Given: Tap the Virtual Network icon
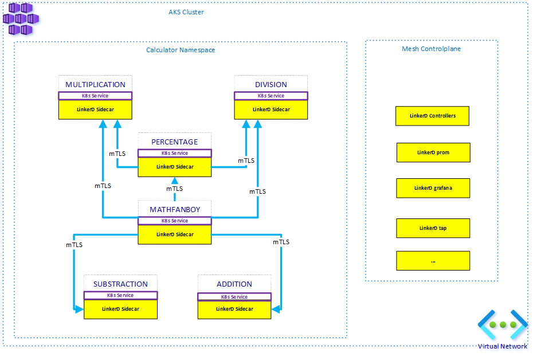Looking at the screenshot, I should click(x=503, y=324).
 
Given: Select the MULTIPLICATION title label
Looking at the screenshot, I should click(x=96, y=84).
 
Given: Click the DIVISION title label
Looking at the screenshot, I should click(x=271, y=84).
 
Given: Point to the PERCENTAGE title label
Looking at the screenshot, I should click(x=175, y=142).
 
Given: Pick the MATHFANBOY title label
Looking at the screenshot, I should click(x=175, y=209).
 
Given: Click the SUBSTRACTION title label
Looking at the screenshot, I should click(x=120, y=284).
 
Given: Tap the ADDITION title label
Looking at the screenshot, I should click(x=234, y=284).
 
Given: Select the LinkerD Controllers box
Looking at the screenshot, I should click(x=433, y=116).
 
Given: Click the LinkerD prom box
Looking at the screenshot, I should click(x=433, y=152).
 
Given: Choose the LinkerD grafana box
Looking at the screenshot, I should click(x=433, y=188).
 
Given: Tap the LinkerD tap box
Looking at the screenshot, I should click(x=433, y=228).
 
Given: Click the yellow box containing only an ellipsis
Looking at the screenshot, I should click(x=433, y=261).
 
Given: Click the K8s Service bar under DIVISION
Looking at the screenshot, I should click(x=271, y=96).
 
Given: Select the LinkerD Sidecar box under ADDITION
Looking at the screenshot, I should click(x=234, y=310).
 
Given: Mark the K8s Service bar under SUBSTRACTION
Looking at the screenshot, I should click(x=120, y=295).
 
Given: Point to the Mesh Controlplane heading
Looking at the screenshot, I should click(x=431, y=49).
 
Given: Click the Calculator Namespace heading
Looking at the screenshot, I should click(x=181, y=50).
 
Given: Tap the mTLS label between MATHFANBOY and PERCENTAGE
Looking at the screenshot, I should click(x=175, y=189).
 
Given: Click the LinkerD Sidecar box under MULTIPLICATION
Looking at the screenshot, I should click(x=96, y=109).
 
